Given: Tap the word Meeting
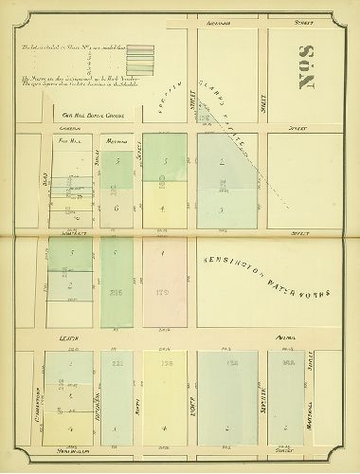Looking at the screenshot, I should coord(118,140).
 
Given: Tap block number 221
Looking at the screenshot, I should coord(117,362).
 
